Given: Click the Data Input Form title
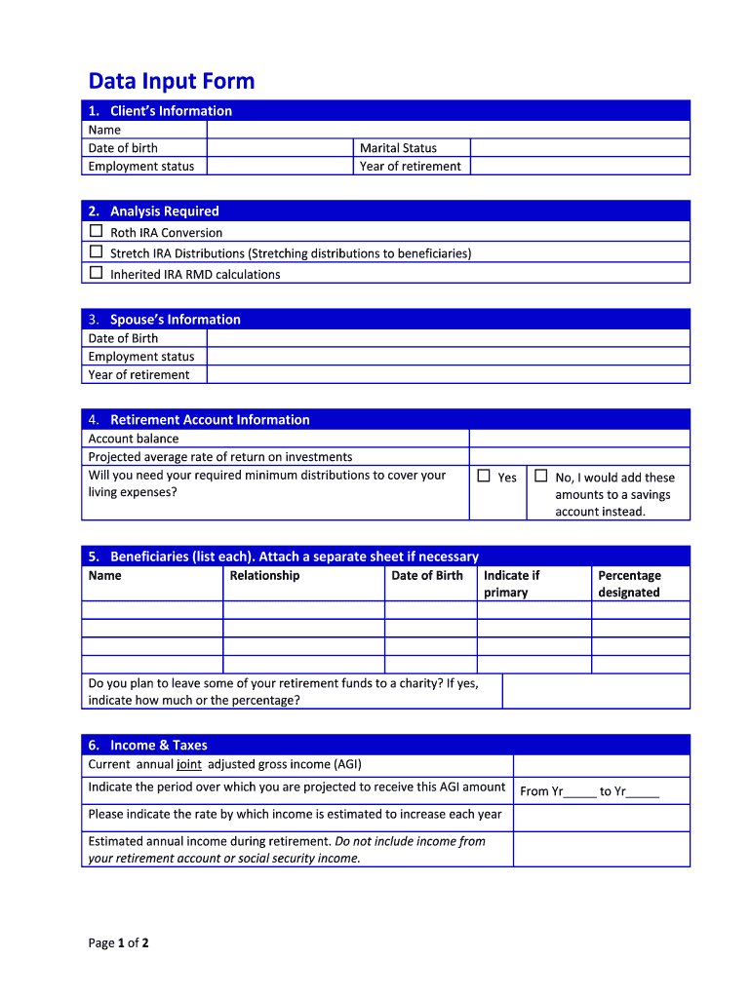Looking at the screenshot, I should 171,81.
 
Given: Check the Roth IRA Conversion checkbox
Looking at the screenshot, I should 96,232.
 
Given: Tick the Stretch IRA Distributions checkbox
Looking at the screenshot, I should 96,252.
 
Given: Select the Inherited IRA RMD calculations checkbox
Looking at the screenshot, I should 96,273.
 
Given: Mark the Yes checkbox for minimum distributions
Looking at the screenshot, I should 484,477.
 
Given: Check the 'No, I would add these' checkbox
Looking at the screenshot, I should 541,477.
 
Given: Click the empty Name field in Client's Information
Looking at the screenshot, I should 448,130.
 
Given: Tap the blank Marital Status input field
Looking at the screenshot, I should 579,148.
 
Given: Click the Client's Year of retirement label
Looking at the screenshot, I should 410,167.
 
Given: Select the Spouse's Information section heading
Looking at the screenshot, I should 175,320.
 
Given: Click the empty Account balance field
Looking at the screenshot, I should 579,439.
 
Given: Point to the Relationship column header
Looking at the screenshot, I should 264,576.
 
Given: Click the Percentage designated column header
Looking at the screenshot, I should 629,584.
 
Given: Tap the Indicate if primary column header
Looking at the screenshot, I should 511,584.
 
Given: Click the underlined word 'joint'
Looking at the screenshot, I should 189,765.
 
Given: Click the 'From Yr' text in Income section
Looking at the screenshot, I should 541,791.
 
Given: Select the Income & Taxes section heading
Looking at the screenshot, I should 158,746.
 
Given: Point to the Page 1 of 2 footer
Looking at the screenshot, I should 118,942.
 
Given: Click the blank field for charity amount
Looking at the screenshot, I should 596,691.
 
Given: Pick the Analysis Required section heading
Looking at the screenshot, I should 164,211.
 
